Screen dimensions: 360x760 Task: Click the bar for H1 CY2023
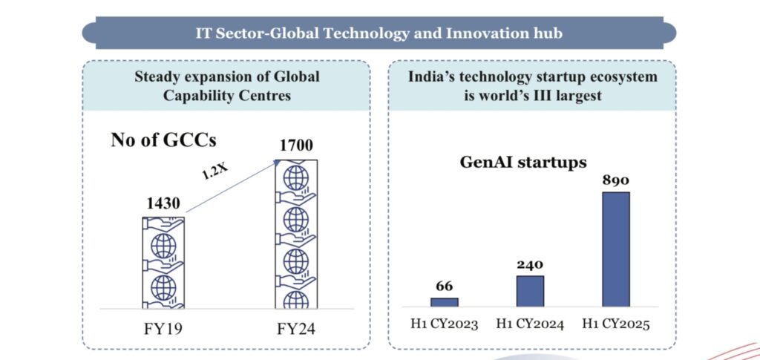point(445,302)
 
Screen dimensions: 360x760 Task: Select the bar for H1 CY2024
point(530,291)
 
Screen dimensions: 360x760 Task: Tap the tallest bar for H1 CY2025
point(615,249)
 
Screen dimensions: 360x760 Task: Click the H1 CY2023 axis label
point(445,324)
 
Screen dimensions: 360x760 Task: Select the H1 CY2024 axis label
point(530,324)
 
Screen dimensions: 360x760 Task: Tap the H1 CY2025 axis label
point(615,324)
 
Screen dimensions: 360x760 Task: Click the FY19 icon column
point(163,262)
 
